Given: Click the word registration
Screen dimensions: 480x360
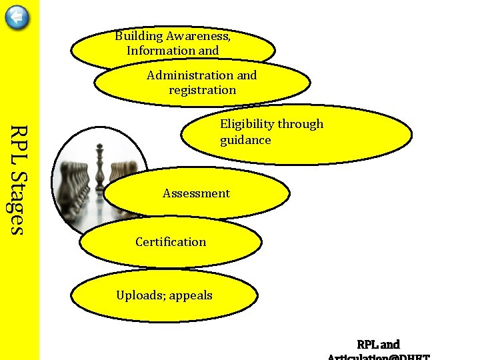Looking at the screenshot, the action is click(202, 90).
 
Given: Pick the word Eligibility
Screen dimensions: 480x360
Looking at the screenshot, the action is click(247, 124).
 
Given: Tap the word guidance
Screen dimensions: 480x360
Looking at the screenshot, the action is click(245, 140).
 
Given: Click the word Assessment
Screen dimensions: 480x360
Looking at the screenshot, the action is click(196, 193).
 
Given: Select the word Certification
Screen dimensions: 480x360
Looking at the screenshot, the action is click(171, 242).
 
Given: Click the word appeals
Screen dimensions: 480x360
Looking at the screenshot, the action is click(191, 295).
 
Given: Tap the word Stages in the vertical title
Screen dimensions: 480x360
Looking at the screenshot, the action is click(19, 203).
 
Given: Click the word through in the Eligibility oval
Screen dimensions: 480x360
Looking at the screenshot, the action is click(300, 124).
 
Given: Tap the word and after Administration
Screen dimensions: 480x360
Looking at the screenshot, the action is click(247, 75).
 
